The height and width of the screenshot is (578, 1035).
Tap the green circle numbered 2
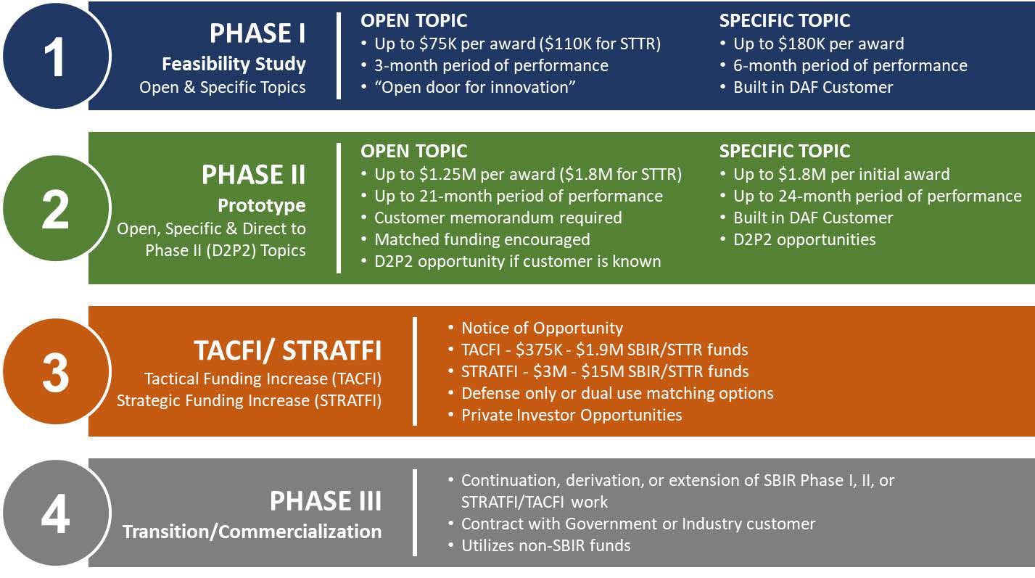point(56,209)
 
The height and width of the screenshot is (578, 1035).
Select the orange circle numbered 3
point(56,373)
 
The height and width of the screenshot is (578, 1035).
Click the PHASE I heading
point(257,33)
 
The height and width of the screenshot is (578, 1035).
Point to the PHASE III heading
point(325,501)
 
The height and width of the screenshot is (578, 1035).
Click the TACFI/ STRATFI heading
point(287,351)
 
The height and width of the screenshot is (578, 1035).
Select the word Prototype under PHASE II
point(262,205)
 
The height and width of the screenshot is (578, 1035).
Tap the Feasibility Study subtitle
point(234,64)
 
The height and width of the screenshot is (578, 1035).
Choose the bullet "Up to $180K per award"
point(818,44)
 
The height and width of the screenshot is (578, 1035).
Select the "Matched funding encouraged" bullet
point(482,239)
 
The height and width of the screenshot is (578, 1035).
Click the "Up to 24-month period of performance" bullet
point(877,196)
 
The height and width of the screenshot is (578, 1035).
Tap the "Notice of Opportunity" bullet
point(542,328)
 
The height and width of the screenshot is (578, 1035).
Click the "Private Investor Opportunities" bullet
point(572,415)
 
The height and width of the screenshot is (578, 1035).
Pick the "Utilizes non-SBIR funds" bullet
point(545,545)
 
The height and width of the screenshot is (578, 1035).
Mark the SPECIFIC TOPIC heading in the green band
point(784,152)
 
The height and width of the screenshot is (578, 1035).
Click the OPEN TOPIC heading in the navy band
point(414,21)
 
